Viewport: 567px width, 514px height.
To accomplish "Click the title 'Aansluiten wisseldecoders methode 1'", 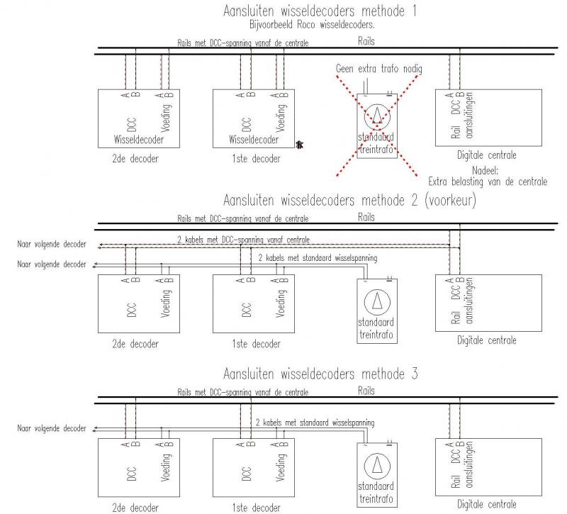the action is (320, 11).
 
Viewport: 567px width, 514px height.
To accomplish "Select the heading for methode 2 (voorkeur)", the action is (349, 200).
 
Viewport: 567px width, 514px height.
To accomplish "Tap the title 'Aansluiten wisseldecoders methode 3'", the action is (320, 374).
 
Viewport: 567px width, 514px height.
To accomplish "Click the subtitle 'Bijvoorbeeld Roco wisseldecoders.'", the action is (312, 25).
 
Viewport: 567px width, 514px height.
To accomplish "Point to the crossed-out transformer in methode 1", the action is (377, 126).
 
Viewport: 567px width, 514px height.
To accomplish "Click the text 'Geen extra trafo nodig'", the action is (379, 68).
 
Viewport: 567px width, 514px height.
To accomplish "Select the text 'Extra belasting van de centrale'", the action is (488, 181).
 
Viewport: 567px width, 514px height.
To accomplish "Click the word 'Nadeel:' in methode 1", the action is (485, 170).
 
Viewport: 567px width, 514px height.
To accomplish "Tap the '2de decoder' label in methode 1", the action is (135, 158).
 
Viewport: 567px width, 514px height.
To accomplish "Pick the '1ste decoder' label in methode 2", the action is (256, 344).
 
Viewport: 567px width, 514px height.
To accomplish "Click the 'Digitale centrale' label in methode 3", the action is (487, 504).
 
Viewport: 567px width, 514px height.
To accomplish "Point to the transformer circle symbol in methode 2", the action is (377, 302).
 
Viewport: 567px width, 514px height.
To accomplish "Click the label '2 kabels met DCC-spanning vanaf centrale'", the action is (243, 240).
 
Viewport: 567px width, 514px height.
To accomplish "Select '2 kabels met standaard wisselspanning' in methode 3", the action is (315, 422).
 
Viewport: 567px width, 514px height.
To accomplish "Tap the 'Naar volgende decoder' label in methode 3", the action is (52, 428).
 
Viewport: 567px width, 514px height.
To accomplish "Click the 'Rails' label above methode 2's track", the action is (366, 217).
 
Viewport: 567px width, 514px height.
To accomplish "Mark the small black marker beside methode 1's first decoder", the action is (299, 145).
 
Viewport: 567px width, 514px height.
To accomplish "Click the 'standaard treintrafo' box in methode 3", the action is (377, 474).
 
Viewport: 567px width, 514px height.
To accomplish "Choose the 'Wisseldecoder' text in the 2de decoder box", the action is (138, 140).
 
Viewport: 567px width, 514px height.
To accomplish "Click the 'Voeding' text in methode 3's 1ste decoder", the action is (280, 467).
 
